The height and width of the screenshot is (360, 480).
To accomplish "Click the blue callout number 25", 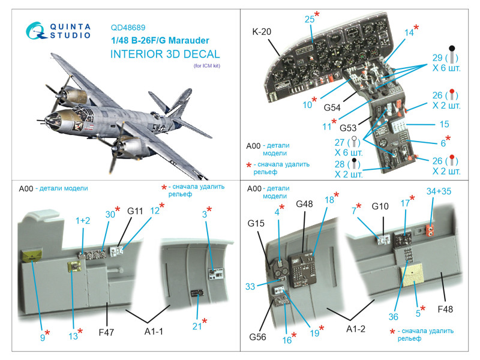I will coord(310,20).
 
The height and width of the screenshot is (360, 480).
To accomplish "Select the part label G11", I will coord(135,211).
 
